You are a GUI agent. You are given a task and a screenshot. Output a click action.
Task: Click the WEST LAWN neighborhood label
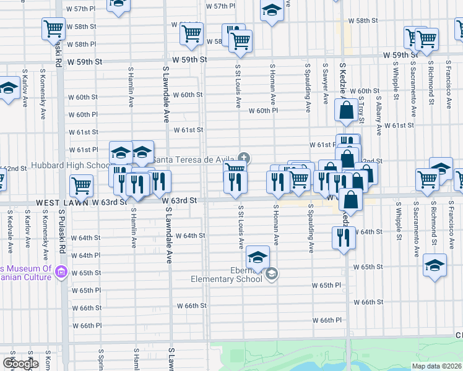coord(60,202)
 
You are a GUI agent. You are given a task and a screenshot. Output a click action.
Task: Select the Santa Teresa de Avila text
coord(193,160)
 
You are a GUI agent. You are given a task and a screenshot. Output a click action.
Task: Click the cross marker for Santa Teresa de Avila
coord(244,158)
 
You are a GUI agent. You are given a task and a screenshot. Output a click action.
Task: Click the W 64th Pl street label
coord(85,255)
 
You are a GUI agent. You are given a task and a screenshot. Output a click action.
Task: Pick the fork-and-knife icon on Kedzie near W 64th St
coord(344,237)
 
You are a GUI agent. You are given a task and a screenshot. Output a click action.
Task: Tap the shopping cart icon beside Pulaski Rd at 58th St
coord(53,28)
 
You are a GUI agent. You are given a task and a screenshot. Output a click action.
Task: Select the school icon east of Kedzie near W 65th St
coord(435,266)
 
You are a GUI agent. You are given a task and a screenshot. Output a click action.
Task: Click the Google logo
coord(20,364)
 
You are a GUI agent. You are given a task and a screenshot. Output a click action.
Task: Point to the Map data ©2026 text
coord(436,366)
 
